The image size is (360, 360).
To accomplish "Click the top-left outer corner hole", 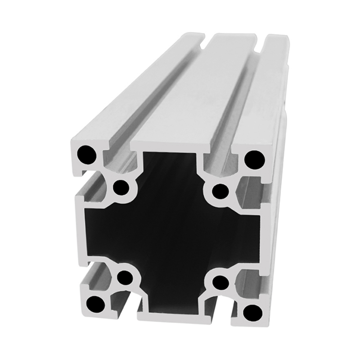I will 86,155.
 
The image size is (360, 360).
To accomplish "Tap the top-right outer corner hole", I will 254,159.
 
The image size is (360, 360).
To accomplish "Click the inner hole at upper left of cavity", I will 120,188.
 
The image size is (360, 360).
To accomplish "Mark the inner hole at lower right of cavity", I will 220,283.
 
